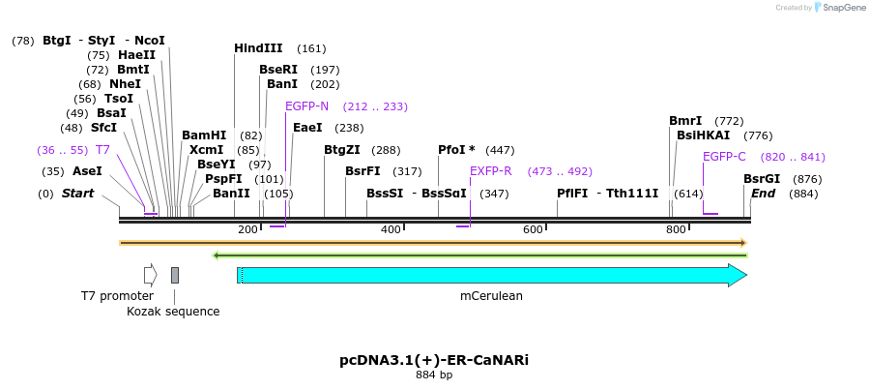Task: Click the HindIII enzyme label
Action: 258,48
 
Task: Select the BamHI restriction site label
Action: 204,135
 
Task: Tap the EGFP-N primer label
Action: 306,106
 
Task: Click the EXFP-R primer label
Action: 490,171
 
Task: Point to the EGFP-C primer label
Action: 724,157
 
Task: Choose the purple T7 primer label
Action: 102,150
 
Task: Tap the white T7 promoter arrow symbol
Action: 150,275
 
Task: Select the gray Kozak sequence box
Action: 175,275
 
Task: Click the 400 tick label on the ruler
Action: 391,229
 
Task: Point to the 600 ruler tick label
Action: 533,229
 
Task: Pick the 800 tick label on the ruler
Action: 675,229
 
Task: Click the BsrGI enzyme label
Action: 762,179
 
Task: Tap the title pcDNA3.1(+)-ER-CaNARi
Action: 434,360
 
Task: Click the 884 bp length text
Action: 434,375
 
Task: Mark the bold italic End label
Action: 763,194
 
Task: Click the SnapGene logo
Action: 840,8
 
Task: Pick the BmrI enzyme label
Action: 685,121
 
